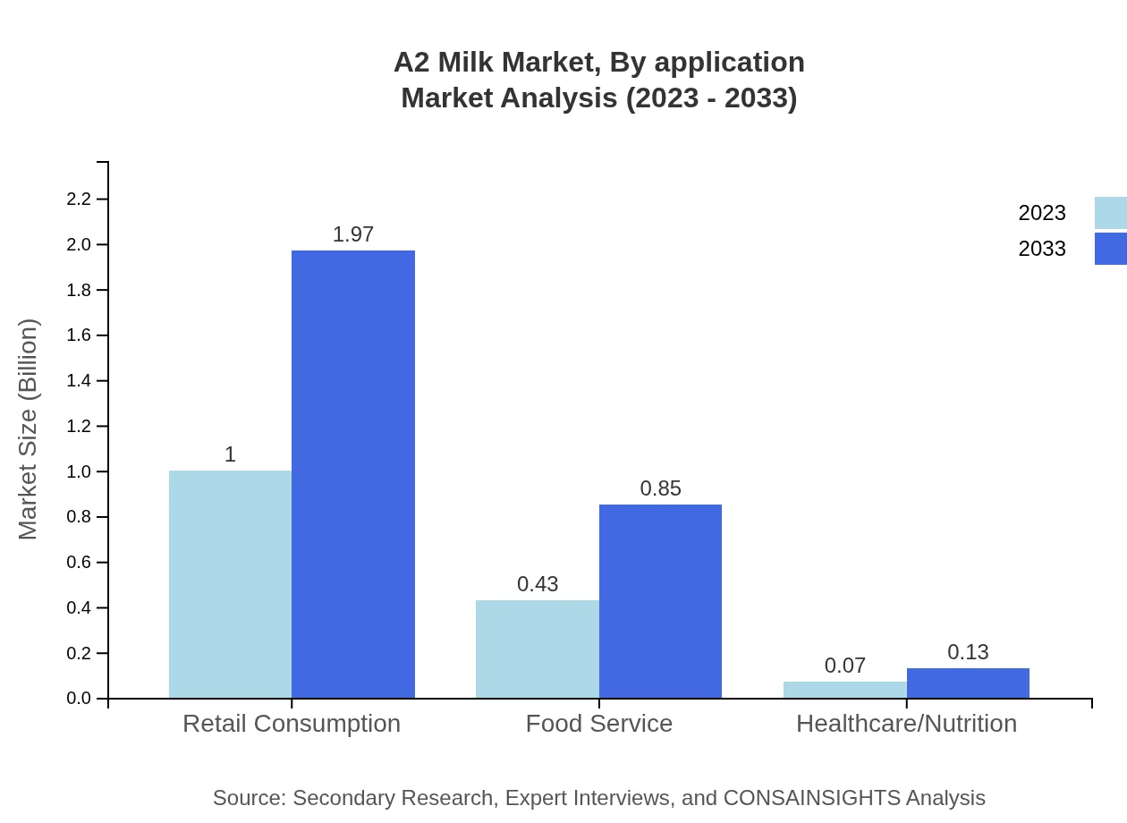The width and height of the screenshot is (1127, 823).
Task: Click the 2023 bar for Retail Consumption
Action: tap(230, 584)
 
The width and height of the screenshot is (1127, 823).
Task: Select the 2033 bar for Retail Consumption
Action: tap(353, 474)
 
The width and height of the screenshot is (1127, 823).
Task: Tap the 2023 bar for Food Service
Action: tap(537, 649)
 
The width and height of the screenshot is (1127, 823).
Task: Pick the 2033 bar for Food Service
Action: tap(660, 601)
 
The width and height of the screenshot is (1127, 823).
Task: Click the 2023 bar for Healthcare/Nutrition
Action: tap(844, 690)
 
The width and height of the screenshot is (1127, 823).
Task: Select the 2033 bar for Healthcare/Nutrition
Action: tap(968, 683)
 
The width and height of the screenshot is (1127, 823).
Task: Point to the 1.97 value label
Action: tap(353, 234)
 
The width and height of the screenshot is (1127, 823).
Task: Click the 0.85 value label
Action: tap(660, 488)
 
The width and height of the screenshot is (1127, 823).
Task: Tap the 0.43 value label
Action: tap(538, 584)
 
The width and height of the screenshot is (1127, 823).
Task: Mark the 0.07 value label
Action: tap(845, 666)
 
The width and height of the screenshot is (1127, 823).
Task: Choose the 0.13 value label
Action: tap(968, 652)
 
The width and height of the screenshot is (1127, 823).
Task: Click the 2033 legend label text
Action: tap(1042, 249)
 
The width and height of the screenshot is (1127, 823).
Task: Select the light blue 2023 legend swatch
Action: tap(1110, 213)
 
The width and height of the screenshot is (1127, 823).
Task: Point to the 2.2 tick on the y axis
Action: tap(80, 199)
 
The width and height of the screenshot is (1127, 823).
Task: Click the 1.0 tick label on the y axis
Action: tap(80, 471)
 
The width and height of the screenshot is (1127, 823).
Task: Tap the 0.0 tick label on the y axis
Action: tap(80, 699)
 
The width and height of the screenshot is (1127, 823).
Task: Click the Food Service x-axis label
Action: tap(598, 723)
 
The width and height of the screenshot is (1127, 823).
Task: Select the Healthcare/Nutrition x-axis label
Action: tap(906, 723)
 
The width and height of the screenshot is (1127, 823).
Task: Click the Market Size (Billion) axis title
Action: tap(28, 429)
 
